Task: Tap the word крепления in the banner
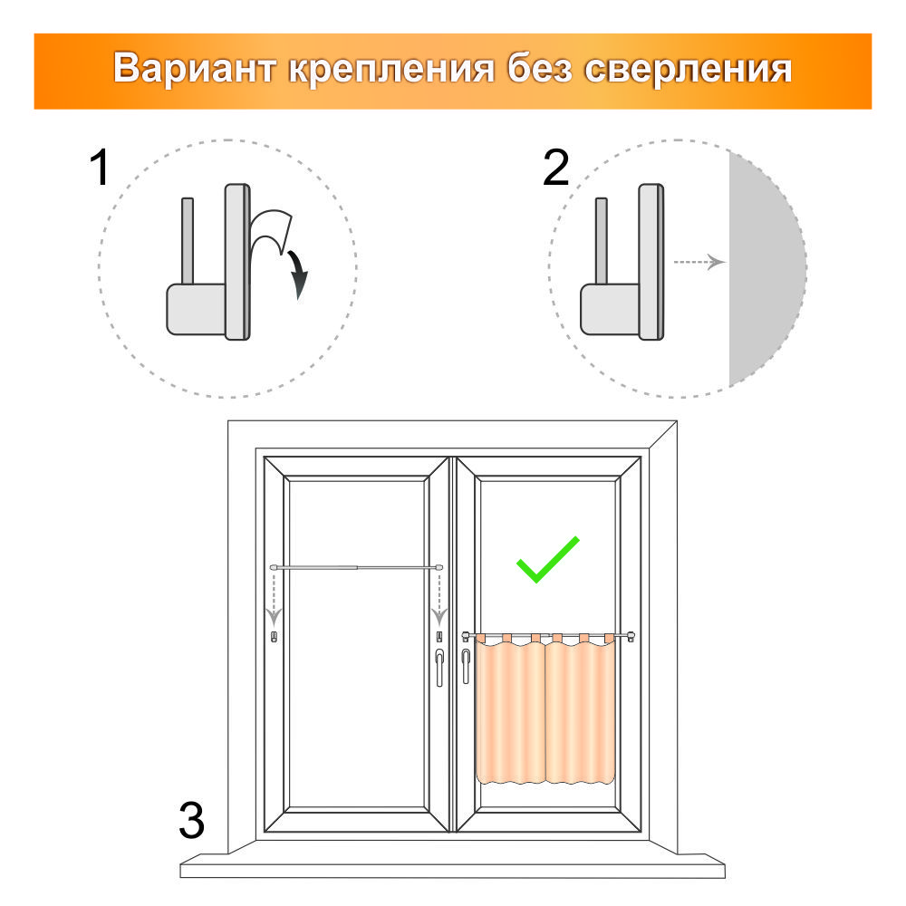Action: [x=391, y=70]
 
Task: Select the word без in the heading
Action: [x=540, y=68]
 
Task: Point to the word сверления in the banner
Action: [x=689, y=70]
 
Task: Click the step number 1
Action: [x=100, y=168]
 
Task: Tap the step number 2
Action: [x=556, y=168]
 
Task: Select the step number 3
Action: [x=192, y=820]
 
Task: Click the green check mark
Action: [x=546, y=560]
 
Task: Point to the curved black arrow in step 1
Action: [x=298, y=274]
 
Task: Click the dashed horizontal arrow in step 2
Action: [x=699, y=263]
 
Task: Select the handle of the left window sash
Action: [x=439, y=667]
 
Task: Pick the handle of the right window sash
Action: [x=466, y=666]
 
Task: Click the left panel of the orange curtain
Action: [x=510, y=710]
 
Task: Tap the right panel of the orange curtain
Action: [x=580, y=710]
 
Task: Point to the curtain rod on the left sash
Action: [x=356, y=568]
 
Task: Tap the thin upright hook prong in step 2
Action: [x=601, y=242]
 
